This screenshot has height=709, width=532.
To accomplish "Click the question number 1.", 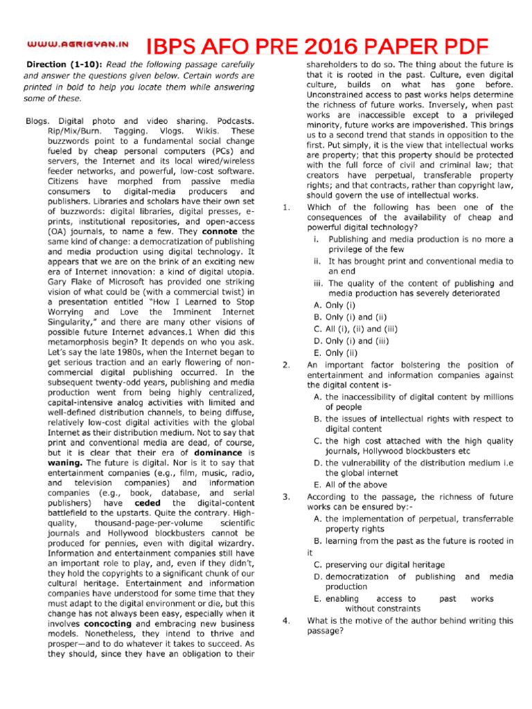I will (286, 207).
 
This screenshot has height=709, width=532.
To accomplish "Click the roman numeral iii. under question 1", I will (319, 283).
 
